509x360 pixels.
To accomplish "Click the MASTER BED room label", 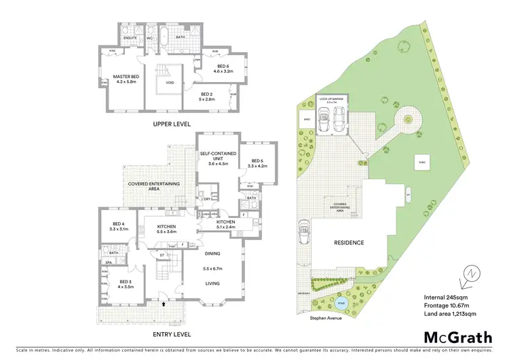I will point(126,76).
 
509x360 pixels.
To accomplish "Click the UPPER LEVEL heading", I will point(171,124).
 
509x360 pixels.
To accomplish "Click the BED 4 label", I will point(119,226).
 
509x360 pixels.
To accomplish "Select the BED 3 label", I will point(126,283).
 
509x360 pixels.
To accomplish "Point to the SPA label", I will point(107,262).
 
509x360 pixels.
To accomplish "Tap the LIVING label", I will point(214,284).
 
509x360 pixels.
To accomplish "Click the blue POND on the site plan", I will point(339,304).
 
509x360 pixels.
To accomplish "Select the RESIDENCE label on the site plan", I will point(348,242).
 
